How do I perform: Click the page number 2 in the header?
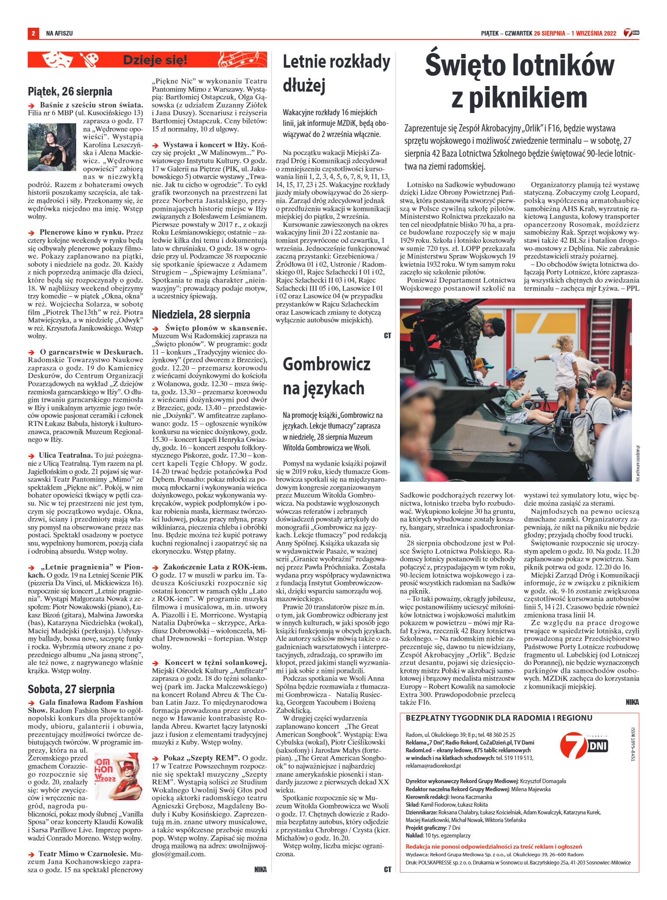33,33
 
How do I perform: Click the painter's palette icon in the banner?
89,60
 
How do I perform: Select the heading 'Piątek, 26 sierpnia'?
70,91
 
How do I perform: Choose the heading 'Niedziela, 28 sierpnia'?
201,315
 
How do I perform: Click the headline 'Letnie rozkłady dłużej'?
336,74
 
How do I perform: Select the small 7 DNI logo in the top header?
631,33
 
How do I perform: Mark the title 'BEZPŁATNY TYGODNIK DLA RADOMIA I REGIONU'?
499,718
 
